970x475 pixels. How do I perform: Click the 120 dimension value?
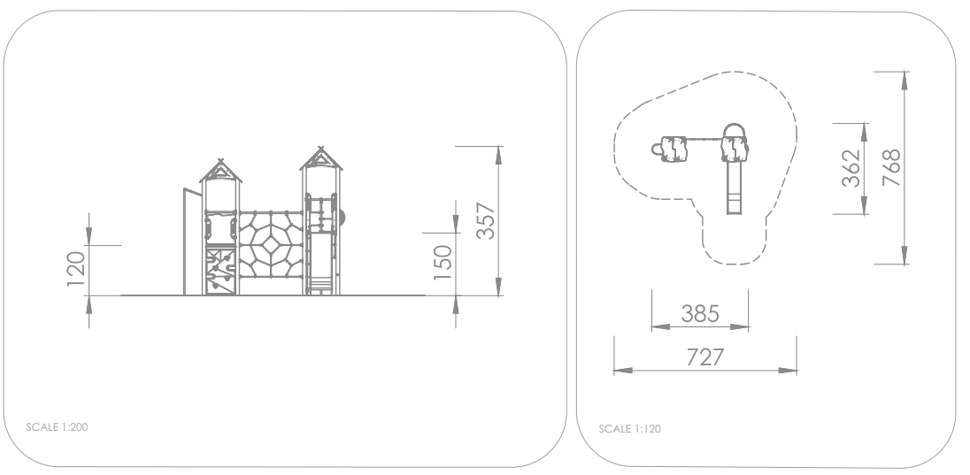tap(76, 269)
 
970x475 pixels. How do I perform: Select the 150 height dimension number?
tap(443, 262)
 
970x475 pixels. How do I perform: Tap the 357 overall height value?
tap(486, 221)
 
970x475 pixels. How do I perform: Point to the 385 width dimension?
tap(700, 314)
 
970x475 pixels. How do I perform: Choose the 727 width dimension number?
tap(704, 356)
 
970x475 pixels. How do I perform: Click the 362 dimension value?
tap(851, 167)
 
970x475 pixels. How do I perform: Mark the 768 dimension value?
tap(891, 167)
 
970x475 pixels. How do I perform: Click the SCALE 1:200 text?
tap(57, 426)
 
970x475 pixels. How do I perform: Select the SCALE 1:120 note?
tap(630, 429)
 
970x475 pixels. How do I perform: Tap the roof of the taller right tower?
tap(320, 159)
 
